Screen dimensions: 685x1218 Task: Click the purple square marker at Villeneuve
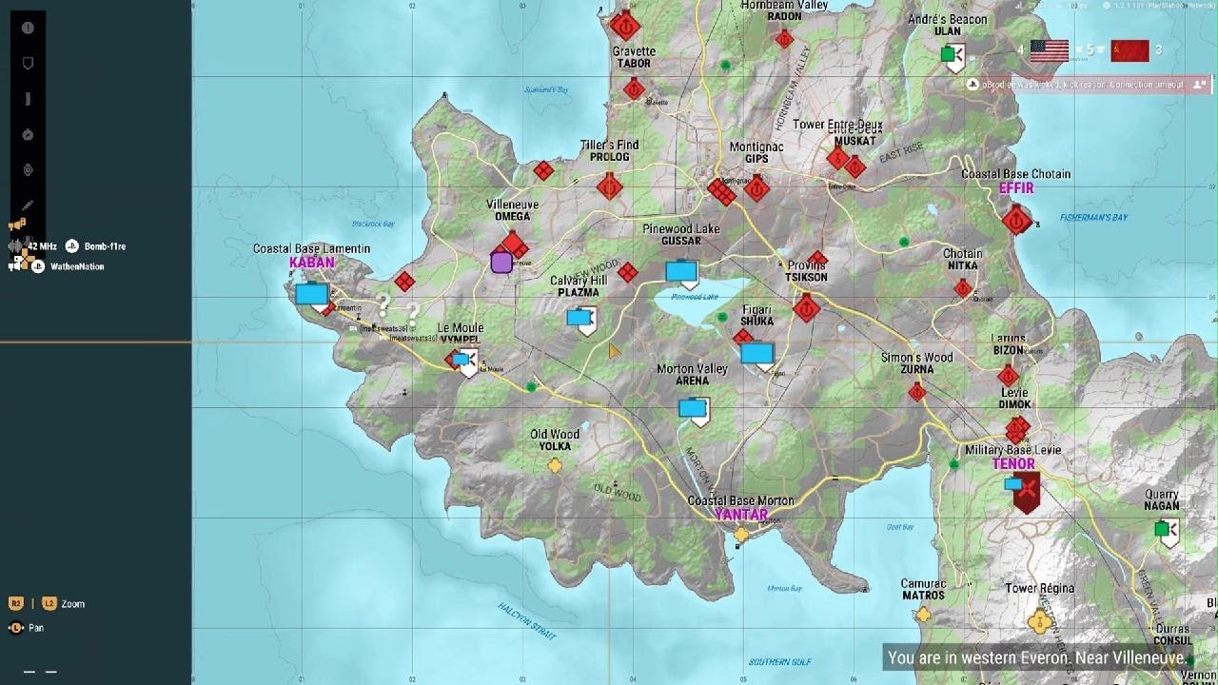(x=501, y=263)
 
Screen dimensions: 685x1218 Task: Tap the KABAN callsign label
(x=312, y=263)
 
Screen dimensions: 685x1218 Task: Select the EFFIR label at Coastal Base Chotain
(x=1015, y=188)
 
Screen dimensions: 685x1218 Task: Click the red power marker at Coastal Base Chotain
(x=1016, y=221)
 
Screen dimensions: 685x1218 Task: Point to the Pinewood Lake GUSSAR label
(x=680, y=235)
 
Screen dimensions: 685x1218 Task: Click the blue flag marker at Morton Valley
(x=693, y=408)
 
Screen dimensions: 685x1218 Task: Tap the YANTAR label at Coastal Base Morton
(x=740, y=515)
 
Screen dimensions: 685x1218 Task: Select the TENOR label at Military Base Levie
(x=1012, y=464)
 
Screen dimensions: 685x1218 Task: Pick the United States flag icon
(x=1049, y=50)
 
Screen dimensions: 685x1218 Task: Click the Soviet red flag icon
(x=1130, y=50)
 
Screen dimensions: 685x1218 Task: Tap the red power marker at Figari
(x=806, y=308)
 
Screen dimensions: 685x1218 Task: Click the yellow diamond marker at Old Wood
(x=555, y=466)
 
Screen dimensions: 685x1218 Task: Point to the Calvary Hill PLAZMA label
(x=579, y=286)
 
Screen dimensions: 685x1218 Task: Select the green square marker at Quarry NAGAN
(x=1161, y=528)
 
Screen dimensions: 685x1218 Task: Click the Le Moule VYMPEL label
(x=461, y=334)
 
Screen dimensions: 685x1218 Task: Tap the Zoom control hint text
(x=72, y=604)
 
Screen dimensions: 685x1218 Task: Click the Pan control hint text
(x=35, y=628)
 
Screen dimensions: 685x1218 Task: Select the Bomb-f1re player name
(x=105, y=246)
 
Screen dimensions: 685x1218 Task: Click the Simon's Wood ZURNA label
(x=916, y=363)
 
